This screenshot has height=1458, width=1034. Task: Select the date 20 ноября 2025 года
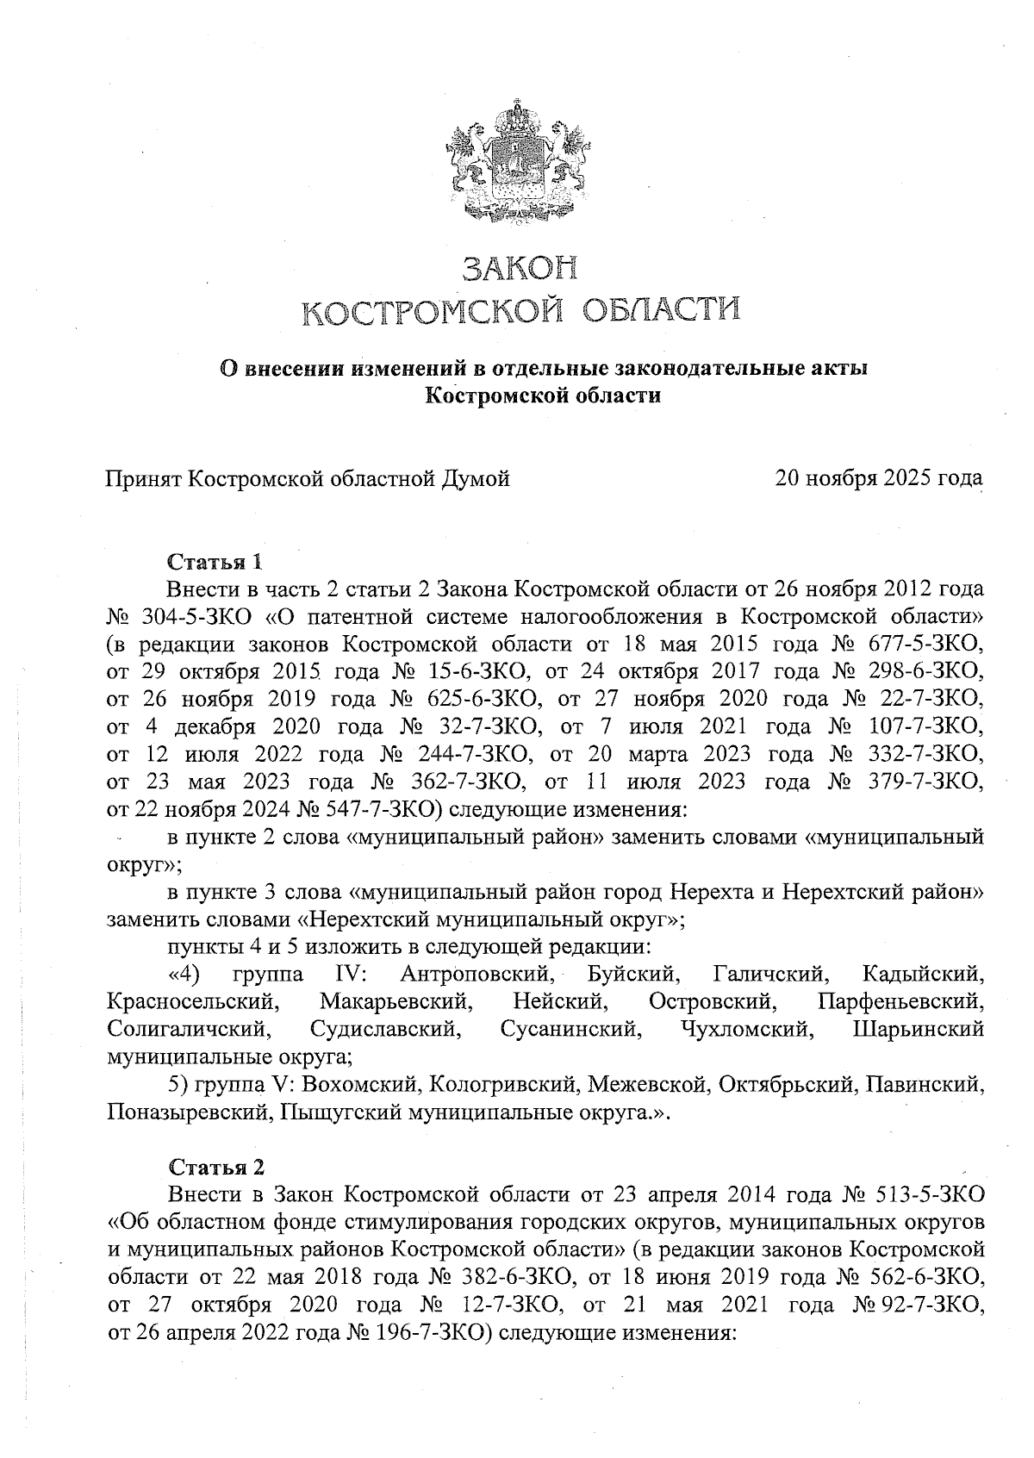[x=879, y=477]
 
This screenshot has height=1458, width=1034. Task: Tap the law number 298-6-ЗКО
[x=927, y=671]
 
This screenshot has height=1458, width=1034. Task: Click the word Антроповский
[x=476, y=975]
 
